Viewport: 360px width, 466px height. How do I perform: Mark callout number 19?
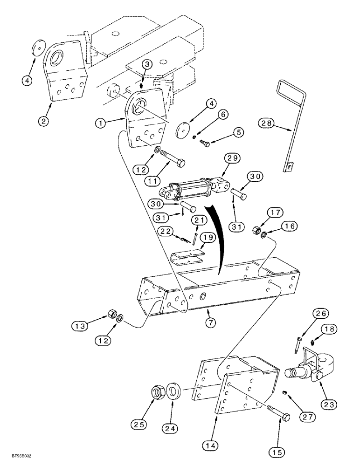tap(208, 237)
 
